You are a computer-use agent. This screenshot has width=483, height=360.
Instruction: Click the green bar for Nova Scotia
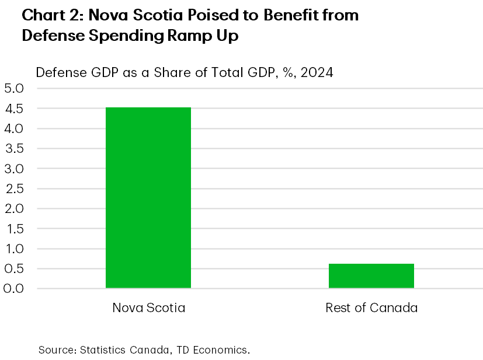pyautogui.click(x=148, y=197)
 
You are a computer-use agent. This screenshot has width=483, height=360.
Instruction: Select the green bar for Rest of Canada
pyautogui.click(x=371, y=275)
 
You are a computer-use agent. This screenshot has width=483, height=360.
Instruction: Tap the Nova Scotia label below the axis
pyautogui.click(x=148, y=307)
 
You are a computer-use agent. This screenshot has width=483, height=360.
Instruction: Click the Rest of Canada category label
pyautogui.click(x=371, y=307)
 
